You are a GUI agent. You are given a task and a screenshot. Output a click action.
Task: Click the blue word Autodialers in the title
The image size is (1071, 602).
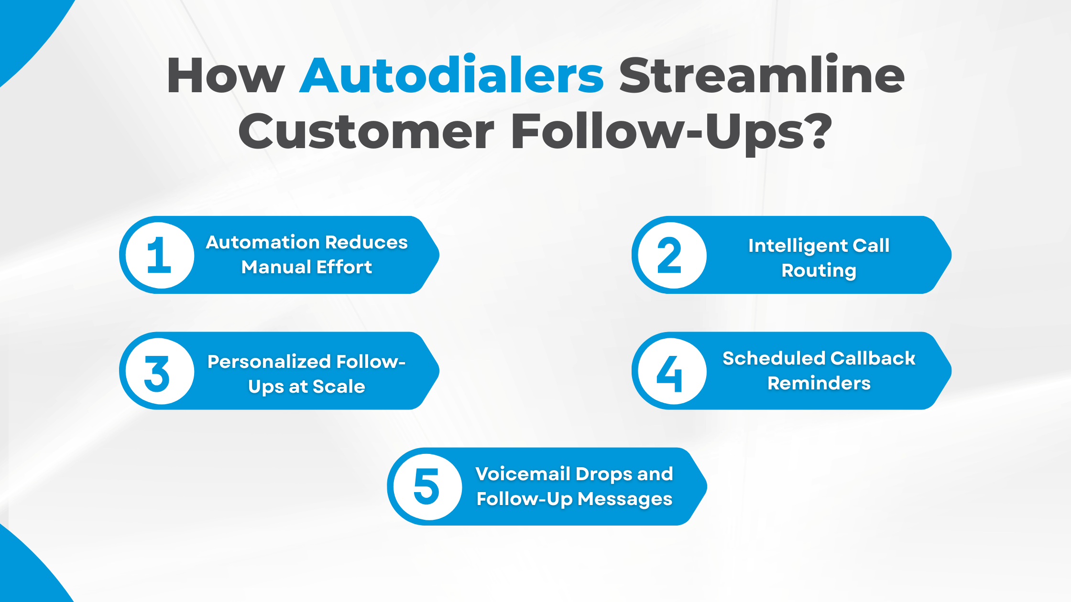[x=451, y=75]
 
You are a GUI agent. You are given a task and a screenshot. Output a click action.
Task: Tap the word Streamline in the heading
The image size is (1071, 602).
[x=761, y=75]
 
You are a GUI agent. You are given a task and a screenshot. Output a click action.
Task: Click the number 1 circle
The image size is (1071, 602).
[x=160, y=255]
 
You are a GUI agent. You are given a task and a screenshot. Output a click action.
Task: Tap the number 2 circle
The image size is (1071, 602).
[x=671, y=255]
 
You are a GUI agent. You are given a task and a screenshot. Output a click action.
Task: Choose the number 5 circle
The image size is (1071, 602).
[x=426, y=486]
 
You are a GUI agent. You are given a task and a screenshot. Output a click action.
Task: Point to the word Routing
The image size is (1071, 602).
[x=819, y=270]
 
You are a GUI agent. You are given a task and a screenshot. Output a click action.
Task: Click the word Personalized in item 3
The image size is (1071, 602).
[x=269, y=362]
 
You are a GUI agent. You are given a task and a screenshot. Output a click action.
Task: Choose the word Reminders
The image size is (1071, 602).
[x=819, y=383]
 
